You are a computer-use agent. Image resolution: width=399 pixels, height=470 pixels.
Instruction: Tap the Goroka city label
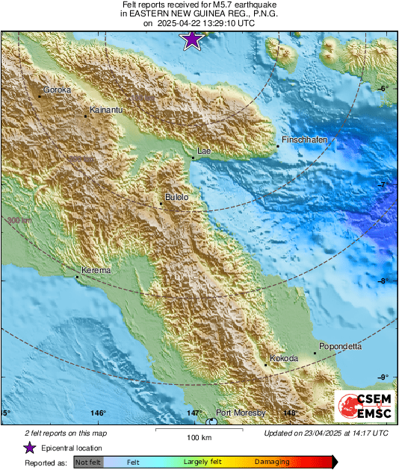point(57,90)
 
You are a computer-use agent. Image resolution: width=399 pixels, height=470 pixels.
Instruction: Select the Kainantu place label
point(104,110)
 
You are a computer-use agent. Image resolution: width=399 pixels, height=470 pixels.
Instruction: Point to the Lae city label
point(204,151)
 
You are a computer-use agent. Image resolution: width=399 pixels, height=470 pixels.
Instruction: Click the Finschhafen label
point(304,140)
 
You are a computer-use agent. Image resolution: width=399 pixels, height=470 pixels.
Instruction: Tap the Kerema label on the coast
point(96,271)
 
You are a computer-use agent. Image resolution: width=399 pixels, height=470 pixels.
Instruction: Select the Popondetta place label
point(340,347)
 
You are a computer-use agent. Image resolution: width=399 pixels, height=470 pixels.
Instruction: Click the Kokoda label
point(283,359)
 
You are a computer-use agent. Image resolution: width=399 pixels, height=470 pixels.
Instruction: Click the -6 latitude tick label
point(384,89)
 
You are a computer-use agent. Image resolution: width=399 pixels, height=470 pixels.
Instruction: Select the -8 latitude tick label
point(384,281)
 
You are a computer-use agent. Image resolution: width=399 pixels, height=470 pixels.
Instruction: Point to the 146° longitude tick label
point(98,413)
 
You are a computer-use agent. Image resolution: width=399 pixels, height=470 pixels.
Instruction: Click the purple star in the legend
point(29,448)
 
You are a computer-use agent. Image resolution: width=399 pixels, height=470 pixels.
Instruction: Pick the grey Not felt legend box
point(88,463)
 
